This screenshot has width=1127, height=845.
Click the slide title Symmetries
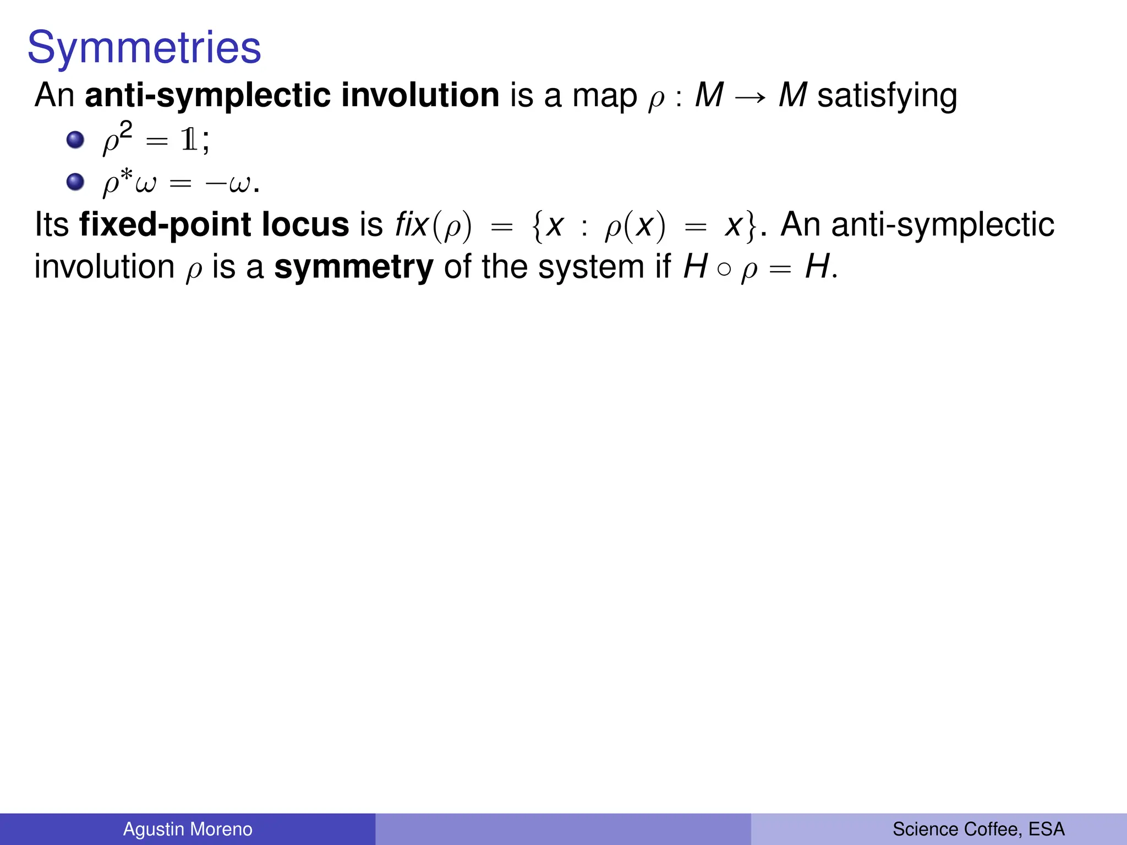(144, 47)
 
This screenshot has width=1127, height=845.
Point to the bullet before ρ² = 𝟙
(75, 140)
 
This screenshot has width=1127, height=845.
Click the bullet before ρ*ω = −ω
(75, 182)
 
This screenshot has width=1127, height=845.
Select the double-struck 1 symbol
(189, 141)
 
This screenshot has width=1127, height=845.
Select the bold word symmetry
(354, 267)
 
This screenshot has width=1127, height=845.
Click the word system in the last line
(590, 267)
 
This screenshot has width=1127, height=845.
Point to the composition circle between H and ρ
(724, 269)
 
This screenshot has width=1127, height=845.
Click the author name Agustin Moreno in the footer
(188, 829)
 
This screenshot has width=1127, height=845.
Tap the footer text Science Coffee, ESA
(978, 829)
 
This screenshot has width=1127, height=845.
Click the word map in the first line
(604, 97)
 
